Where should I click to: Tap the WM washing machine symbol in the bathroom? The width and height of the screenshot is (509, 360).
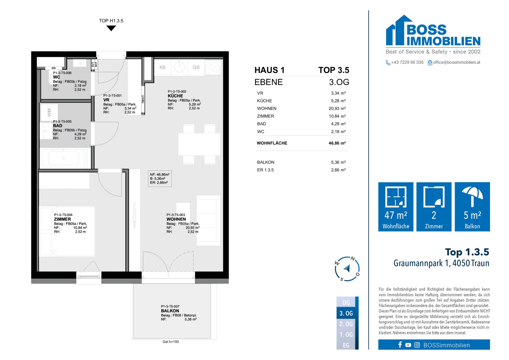coord(49,113)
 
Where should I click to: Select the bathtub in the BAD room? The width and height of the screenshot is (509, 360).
coord(64,158)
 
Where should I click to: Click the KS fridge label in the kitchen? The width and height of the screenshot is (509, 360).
coord(162,67)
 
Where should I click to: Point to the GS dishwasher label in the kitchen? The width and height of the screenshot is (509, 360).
coord(196,67)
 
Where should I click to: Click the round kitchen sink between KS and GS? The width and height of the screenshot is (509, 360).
coord(179,66)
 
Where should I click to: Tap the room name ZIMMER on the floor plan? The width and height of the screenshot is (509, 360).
coord(62,219)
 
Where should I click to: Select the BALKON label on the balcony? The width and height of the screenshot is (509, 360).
coord(170,311)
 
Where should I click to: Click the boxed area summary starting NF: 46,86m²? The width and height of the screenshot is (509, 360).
coord(160,179)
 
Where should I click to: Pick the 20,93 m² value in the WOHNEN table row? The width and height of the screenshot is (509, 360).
coord(337,108)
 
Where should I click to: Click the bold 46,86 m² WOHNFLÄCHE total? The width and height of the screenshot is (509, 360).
coord(337,143)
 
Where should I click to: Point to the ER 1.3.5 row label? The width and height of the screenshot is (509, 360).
coord(265,170)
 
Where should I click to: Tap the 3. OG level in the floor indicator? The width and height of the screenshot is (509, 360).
coord(346,313)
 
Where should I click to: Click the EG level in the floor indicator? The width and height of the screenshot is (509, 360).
coord(346,345)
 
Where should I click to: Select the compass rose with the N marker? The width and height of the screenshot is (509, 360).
coord(347,269)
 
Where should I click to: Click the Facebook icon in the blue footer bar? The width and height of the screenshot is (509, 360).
coord(400,345)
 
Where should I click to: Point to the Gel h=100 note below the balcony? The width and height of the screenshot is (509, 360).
coord(171,342)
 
